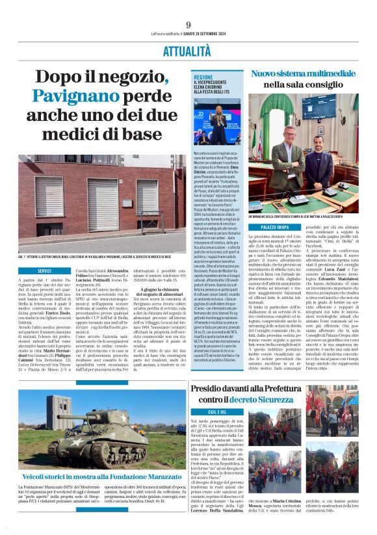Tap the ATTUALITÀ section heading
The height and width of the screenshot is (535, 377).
188,49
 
